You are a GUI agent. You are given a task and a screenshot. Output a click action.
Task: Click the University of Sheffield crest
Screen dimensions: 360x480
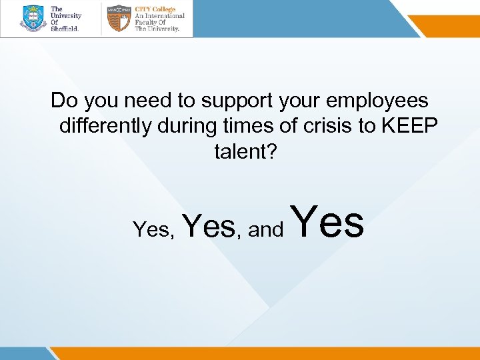(x=33, y=19)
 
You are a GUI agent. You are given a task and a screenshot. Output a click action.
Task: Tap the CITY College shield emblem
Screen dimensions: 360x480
(x=119, y=19)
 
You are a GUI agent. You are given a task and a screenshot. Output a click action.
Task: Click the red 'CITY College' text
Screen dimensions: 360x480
(x=155, y=9)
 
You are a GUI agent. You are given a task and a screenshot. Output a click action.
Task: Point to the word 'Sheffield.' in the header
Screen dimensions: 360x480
(x=65, y=29)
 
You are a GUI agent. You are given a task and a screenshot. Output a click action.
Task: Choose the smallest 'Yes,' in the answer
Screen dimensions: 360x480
(x=153, y=230)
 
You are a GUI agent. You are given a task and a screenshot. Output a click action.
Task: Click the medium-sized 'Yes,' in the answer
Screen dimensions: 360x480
(x=211, y=226)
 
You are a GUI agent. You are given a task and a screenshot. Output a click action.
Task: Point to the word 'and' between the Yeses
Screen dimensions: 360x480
(x=266, y=231)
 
